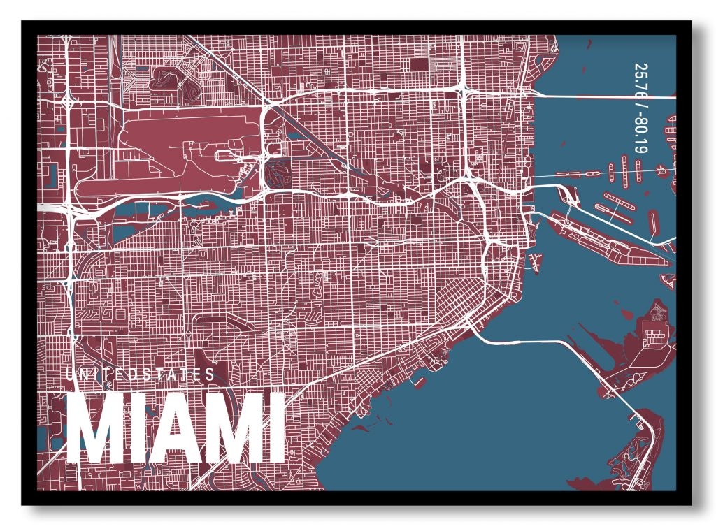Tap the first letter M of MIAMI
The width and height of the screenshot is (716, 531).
point(96,430)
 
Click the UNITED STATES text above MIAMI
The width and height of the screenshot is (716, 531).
point(141,374)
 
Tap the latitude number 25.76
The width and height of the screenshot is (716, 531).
point(640,82)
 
